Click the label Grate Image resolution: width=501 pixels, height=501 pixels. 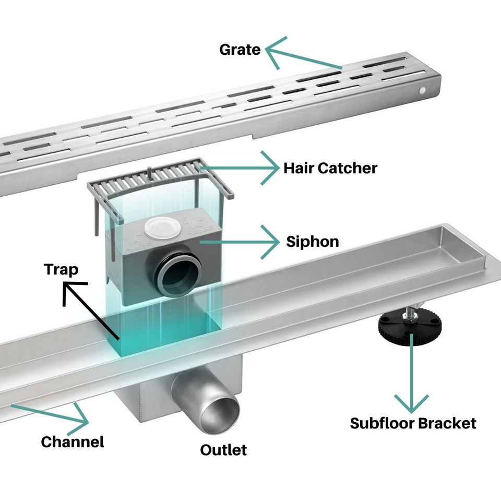click(x=240, y=50)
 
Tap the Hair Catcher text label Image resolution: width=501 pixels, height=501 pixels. click(x=330, y=168)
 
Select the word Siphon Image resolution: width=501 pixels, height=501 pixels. click(x=313, y=242)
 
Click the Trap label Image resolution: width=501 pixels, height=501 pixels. click(x=61, y=269)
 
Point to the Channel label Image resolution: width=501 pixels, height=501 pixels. click(x=73, y=442)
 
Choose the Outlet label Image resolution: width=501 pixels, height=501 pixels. click(x=223, y=449)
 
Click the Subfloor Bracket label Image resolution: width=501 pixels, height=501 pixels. click(x=413, y=423)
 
